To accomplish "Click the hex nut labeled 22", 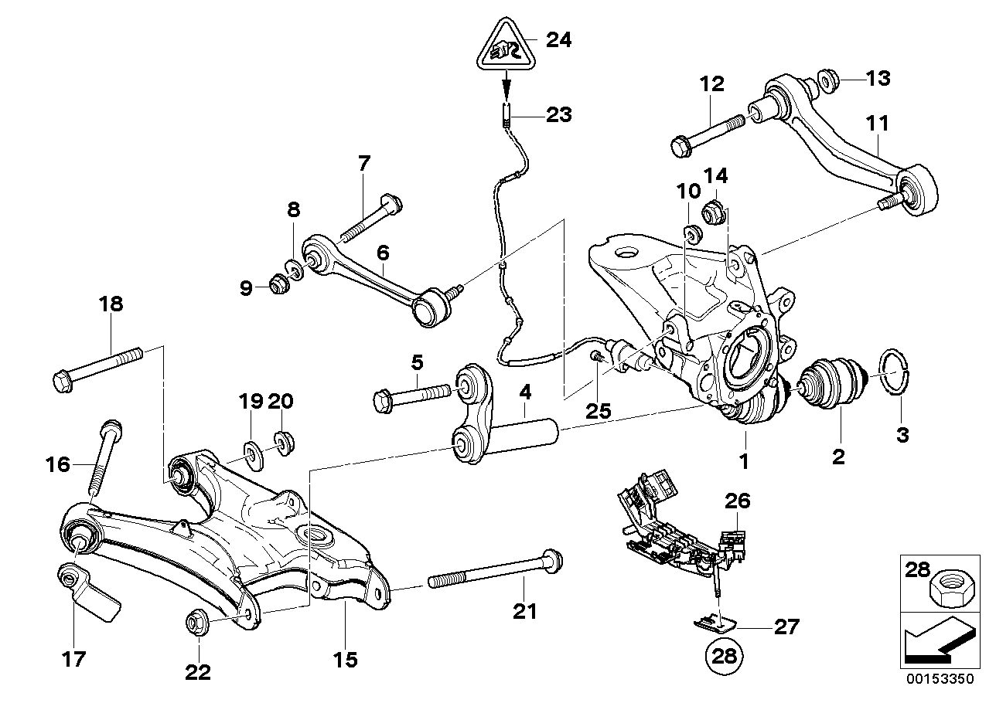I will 196,623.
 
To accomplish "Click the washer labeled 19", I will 252,450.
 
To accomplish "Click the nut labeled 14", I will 712,209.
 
